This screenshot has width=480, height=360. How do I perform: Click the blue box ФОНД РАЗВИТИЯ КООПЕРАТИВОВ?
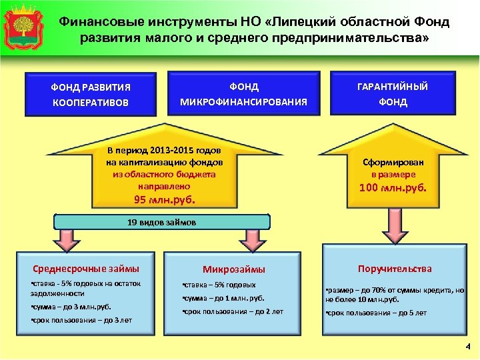[91, 95]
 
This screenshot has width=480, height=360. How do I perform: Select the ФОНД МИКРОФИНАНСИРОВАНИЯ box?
[243, 94]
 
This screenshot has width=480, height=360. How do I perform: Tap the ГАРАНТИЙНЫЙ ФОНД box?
[393, 94]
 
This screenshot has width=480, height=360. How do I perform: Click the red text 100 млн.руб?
[393, 188]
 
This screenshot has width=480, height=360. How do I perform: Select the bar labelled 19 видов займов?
[161, 222]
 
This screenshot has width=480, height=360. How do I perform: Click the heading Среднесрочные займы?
[86, 269]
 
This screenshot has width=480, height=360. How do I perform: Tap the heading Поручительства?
[395, 269]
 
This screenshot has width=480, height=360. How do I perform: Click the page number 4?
[467, 346]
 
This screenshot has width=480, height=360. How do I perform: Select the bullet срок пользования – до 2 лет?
[233, 311]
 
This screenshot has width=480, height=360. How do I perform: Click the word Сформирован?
[393, 162]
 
